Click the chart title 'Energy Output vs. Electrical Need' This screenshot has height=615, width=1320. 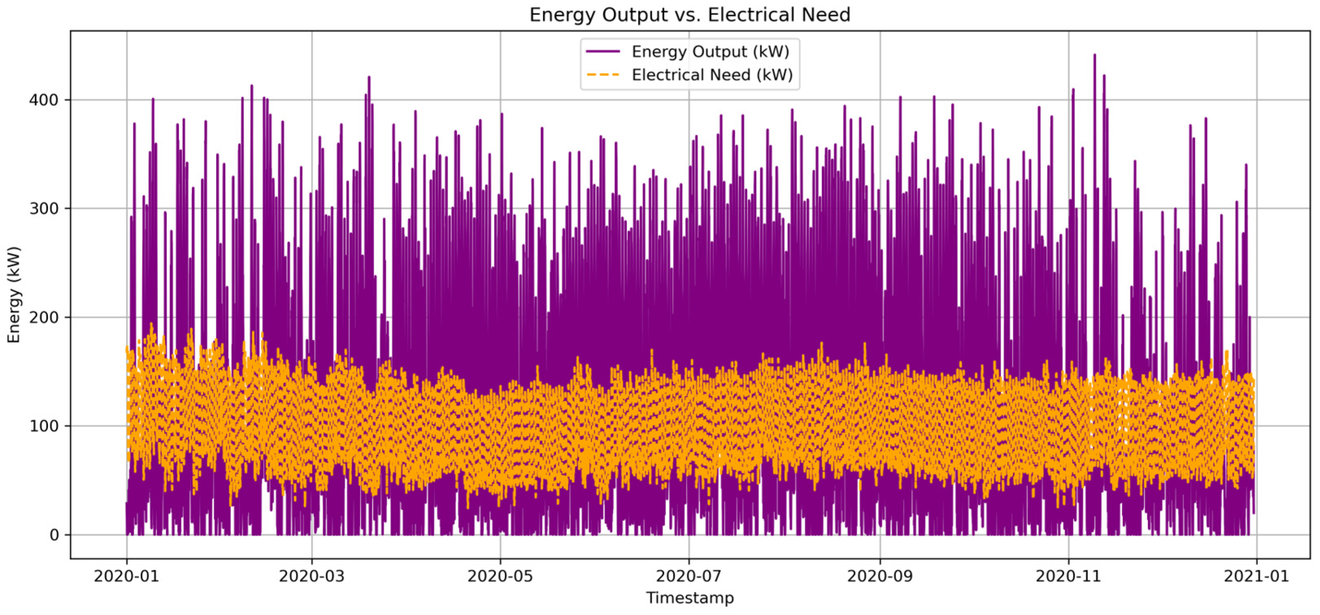[x=690, y=15]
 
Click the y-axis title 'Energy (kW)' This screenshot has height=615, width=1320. [x=14, y=295]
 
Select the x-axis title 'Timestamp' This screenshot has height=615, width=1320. [x=690, y=598]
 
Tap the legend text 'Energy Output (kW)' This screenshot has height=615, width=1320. [x=710, y=52]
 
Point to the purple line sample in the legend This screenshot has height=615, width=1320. [x=603, y=52]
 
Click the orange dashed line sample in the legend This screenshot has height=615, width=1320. [x=603, y=75]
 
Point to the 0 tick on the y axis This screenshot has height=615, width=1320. [x=54, y=535]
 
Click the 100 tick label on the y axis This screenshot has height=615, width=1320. [x=44, y=426]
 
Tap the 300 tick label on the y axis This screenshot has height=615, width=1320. [x=44, y=209]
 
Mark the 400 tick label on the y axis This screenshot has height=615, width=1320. [x=44, y=100]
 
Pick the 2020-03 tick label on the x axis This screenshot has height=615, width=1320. [x=312, y=576]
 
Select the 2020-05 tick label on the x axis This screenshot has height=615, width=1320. [x=500, y=576]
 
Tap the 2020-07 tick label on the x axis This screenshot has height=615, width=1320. [x=689, y=576]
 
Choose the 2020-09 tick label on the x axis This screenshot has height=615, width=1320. [x=880, y=576]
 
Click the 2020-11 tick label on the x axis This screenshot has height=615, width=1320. [x=1068, y=576]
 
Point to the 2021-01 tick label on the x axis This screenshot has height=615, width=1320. [x=1257, y=576]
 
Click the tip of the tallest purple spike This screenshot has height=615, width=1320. [x=1094, y=54]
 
